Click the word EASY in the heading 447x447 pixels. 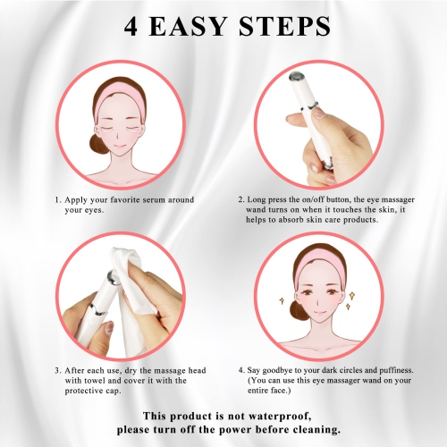(192, 28)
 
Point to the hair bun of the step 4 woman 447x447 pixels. (297, 310)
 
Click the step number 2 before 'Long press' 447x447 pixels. (240, 199)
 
